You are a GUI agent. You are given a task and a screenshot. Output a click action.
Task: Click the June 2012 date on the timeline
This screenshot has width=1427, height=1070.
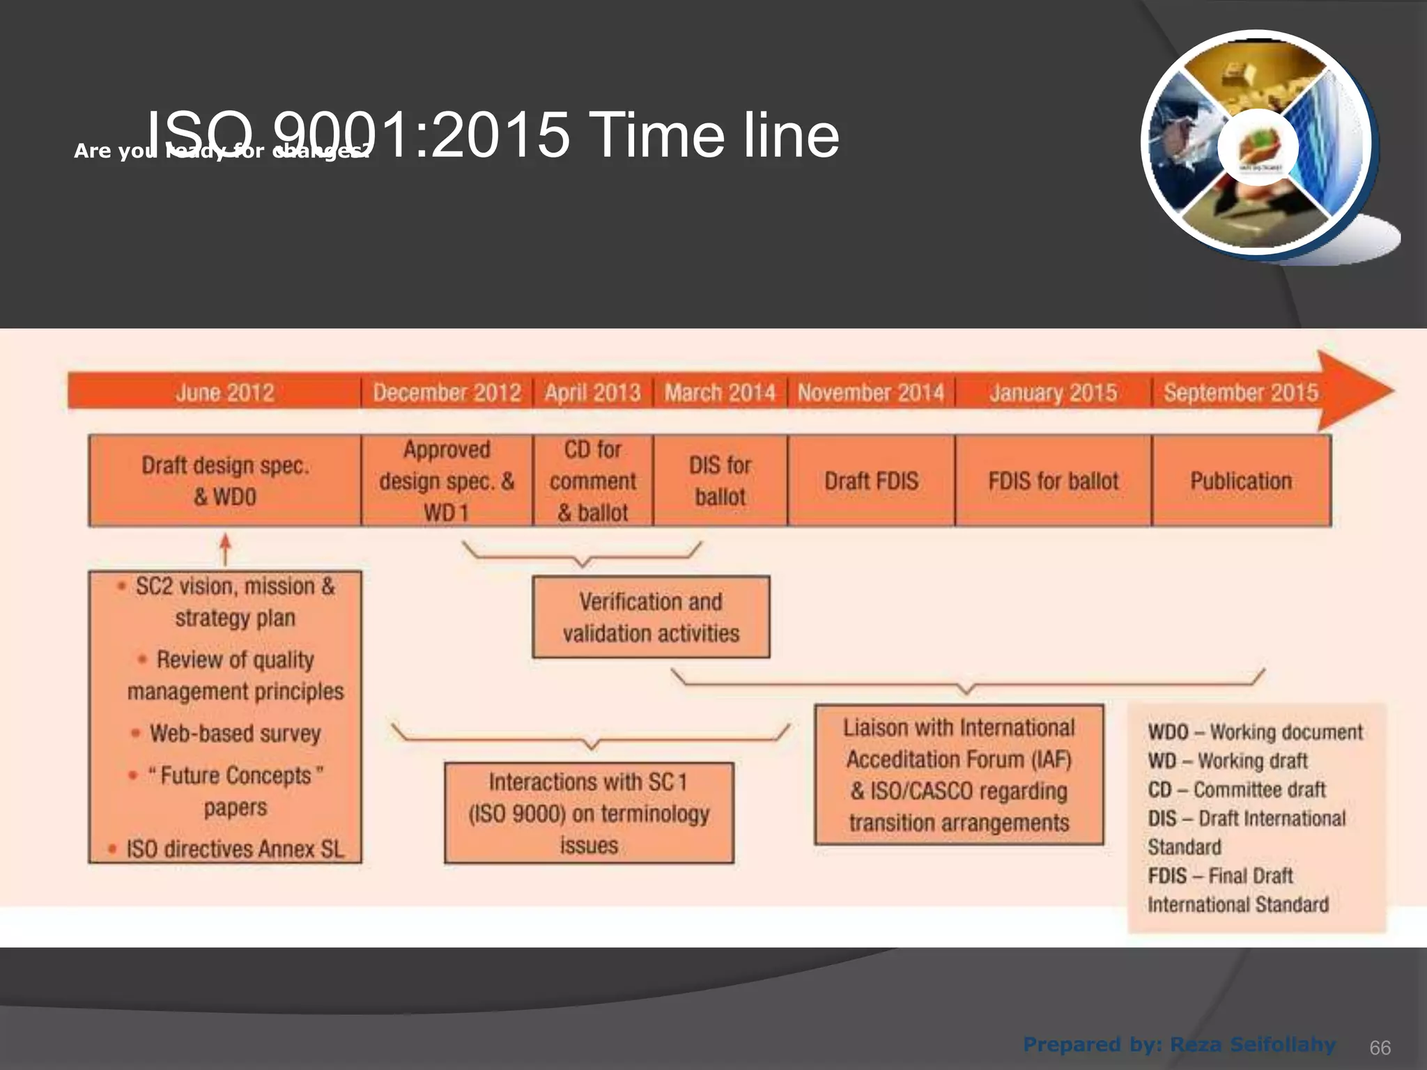(224, 393)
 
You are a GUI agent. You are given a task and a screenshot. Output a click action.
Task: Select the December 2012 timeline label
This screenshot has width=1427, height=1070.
(447, 393)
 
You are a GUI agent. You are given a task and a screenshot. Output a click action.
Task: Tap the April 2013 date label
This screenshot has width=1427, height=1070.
(592, 393)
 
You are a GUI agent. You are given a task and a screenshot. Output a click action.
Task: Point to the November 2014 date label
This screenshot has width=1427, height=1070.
(870, 393)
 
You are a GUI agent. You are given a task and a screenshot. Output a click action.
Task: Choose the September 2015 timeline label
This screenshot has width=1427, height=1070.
(1240, 393)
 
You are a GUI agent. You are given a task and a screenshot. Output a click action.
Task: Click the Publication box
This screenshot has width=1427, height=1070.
(1241, 481)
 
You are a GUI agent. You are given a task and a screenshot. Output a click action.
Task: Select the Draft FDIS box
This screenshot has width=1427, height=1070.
(871, 481)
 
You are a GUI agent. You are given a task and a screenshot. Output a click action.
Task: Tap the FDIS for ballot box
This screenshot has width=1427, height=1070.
(1053, 481)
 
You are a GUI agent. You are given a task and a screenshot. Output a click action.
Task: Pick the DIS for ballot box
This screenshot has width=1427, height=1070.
(720, 481)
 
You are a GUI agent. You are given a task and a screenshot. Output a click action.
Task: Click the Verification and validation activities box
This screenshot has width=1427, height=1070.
(651, 617)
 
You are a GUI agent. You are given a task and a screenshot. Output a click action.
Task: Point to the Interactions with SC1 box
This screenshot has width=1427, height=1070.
(589, 813)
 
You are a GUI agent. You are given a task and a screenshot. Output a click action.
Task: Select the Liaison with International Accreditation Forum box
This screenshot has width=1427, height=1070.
(959, 775)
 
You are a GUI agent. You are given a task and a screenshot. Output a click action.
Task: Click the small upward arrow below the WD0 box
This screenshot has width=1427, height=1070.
(224, 549)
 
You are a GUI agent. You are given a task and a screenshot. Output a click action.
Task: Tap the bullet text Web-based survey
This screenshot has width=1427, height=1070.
(235, 734)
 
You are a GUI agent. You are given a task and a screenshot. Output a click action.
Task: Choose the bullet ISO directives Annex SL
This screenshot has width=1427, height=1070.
(235, 849)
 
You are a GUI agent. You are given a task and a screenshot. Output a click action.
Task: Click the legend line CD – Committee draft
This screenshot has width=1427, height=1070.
(1236, 790)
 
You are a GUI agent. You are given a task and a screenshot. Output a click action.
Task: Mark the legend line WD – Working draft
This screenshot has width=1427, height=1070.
(1227, 761)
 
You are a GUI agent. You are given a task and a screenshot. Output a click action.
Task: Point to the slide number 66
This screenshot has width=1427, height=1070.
(1380, 1048)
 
